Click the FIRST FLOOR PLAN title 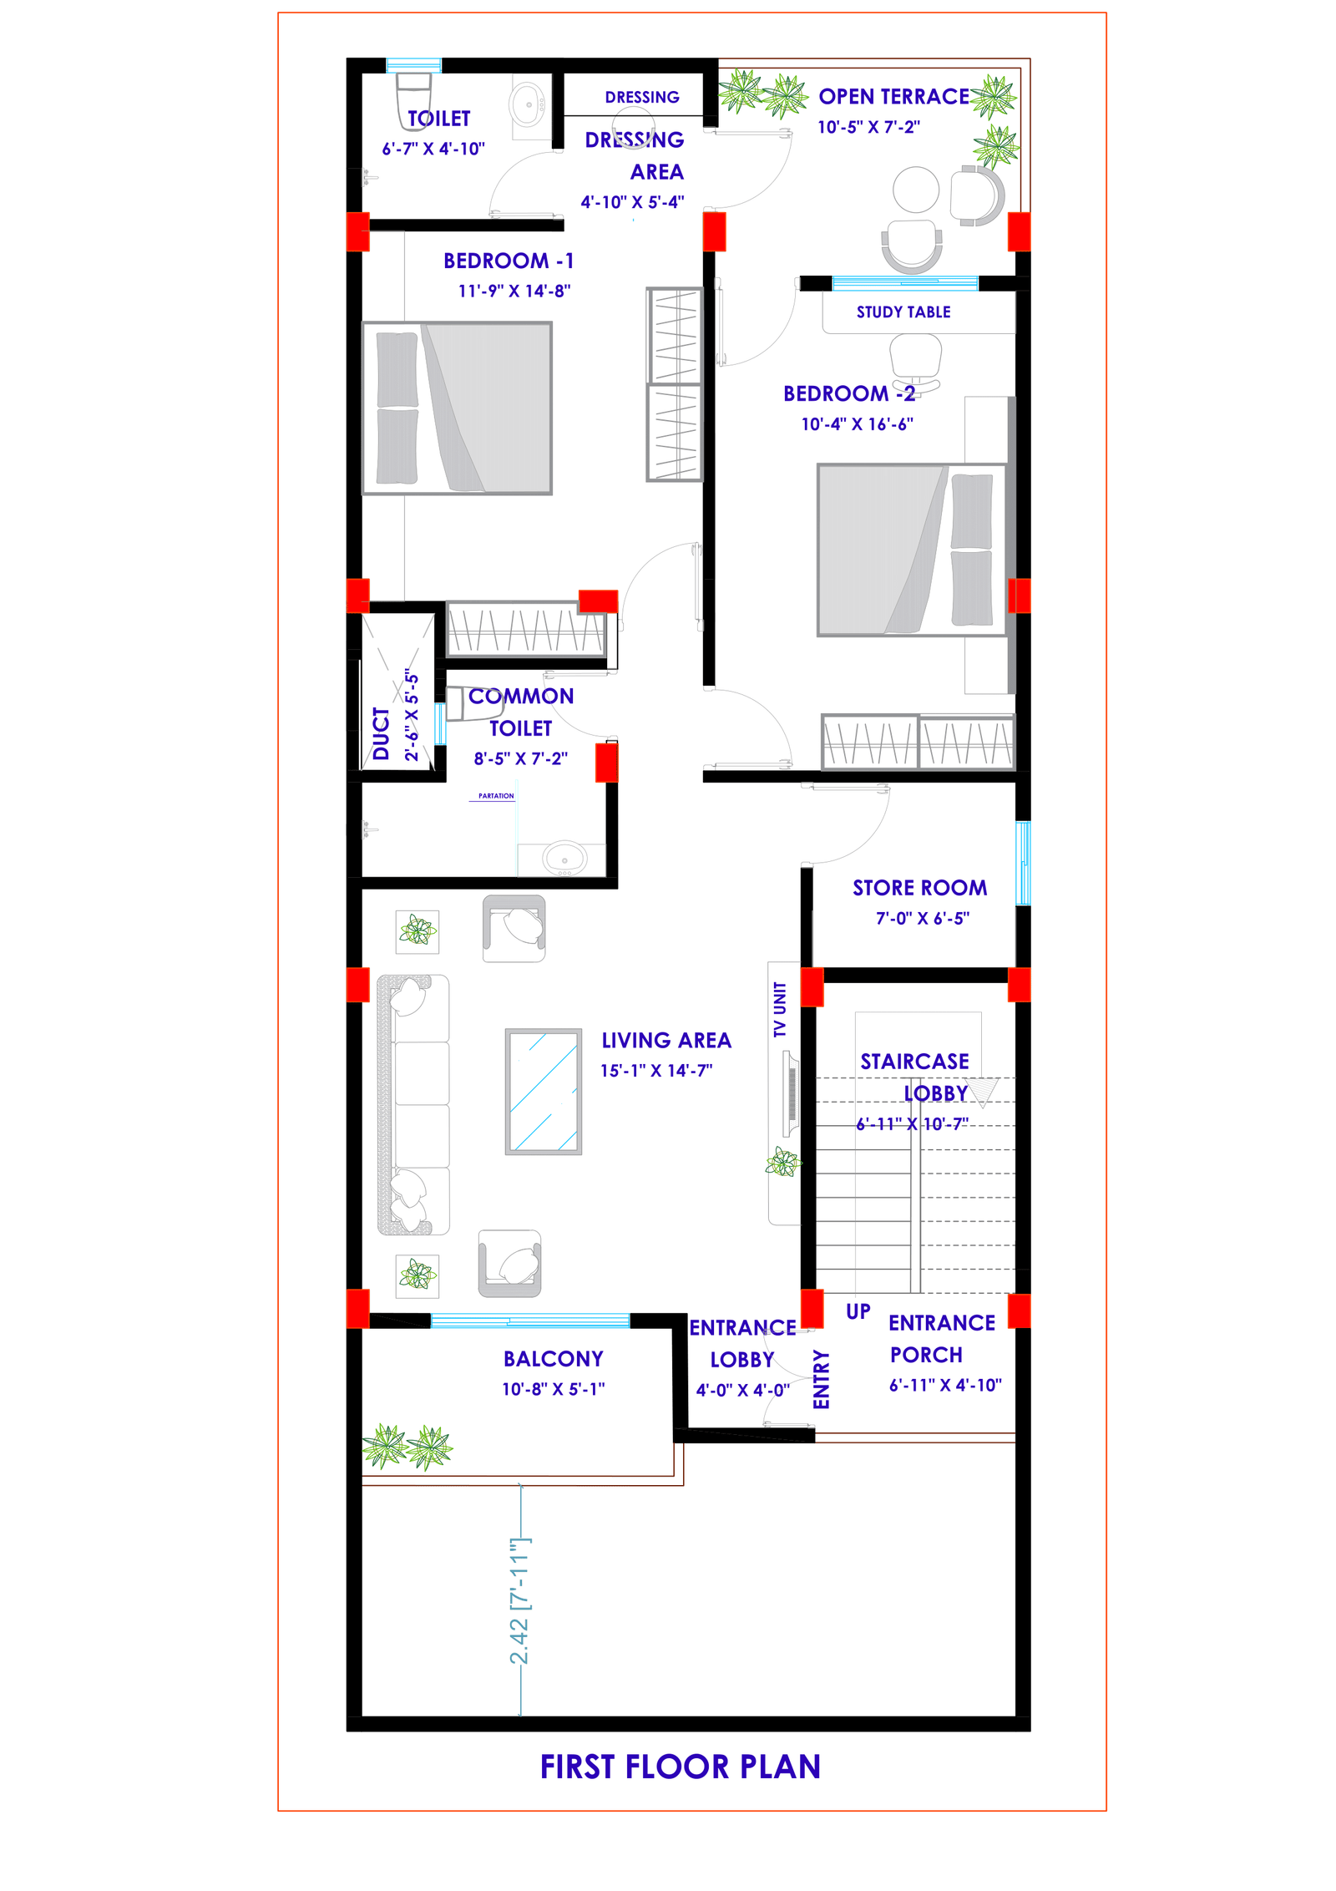pyautogui.click(x=680, y=1766)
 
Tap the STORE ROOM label pyautogui.click(x=919, y=888)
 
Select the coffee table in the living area pyautogui.click(x=543, y=1091)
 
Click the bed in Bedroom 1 pyautogui.click(x=457, y=408)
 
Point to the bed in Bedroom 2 pyautogui.click(x=912, y=550)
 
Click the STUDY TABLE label pyautogui.click(x=903, y=312)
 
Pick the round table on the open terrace pyautogui.click(x=916, y=190)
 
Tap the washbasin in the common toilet pyautogui.click(x=564, y=858)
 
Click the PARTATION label pyautogui.click(x=496, y=796)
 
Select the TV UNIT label pyautogui.click(x=780, y=1009)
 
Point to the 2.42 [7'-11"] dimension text pyautogui.click(x=519, y=1601)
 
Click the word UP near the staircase pyautogui.click(x=858, y=1311)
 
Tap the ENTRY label pyautogui.click(x=822, y=1380)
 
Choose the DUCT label pyautogui.click(x=382, y=733)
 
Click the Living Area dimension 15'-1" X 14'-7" pyautogui.click(x=656, y=1071)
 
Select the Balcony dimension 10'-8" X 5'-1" pyautogui.click(x=553, y=1389)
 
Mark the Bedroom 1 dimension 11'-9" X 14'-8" pyautogui.click(x=514, y=291)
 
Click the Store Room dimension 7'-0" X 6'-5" pyautogui.click(x=923, y=919)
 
